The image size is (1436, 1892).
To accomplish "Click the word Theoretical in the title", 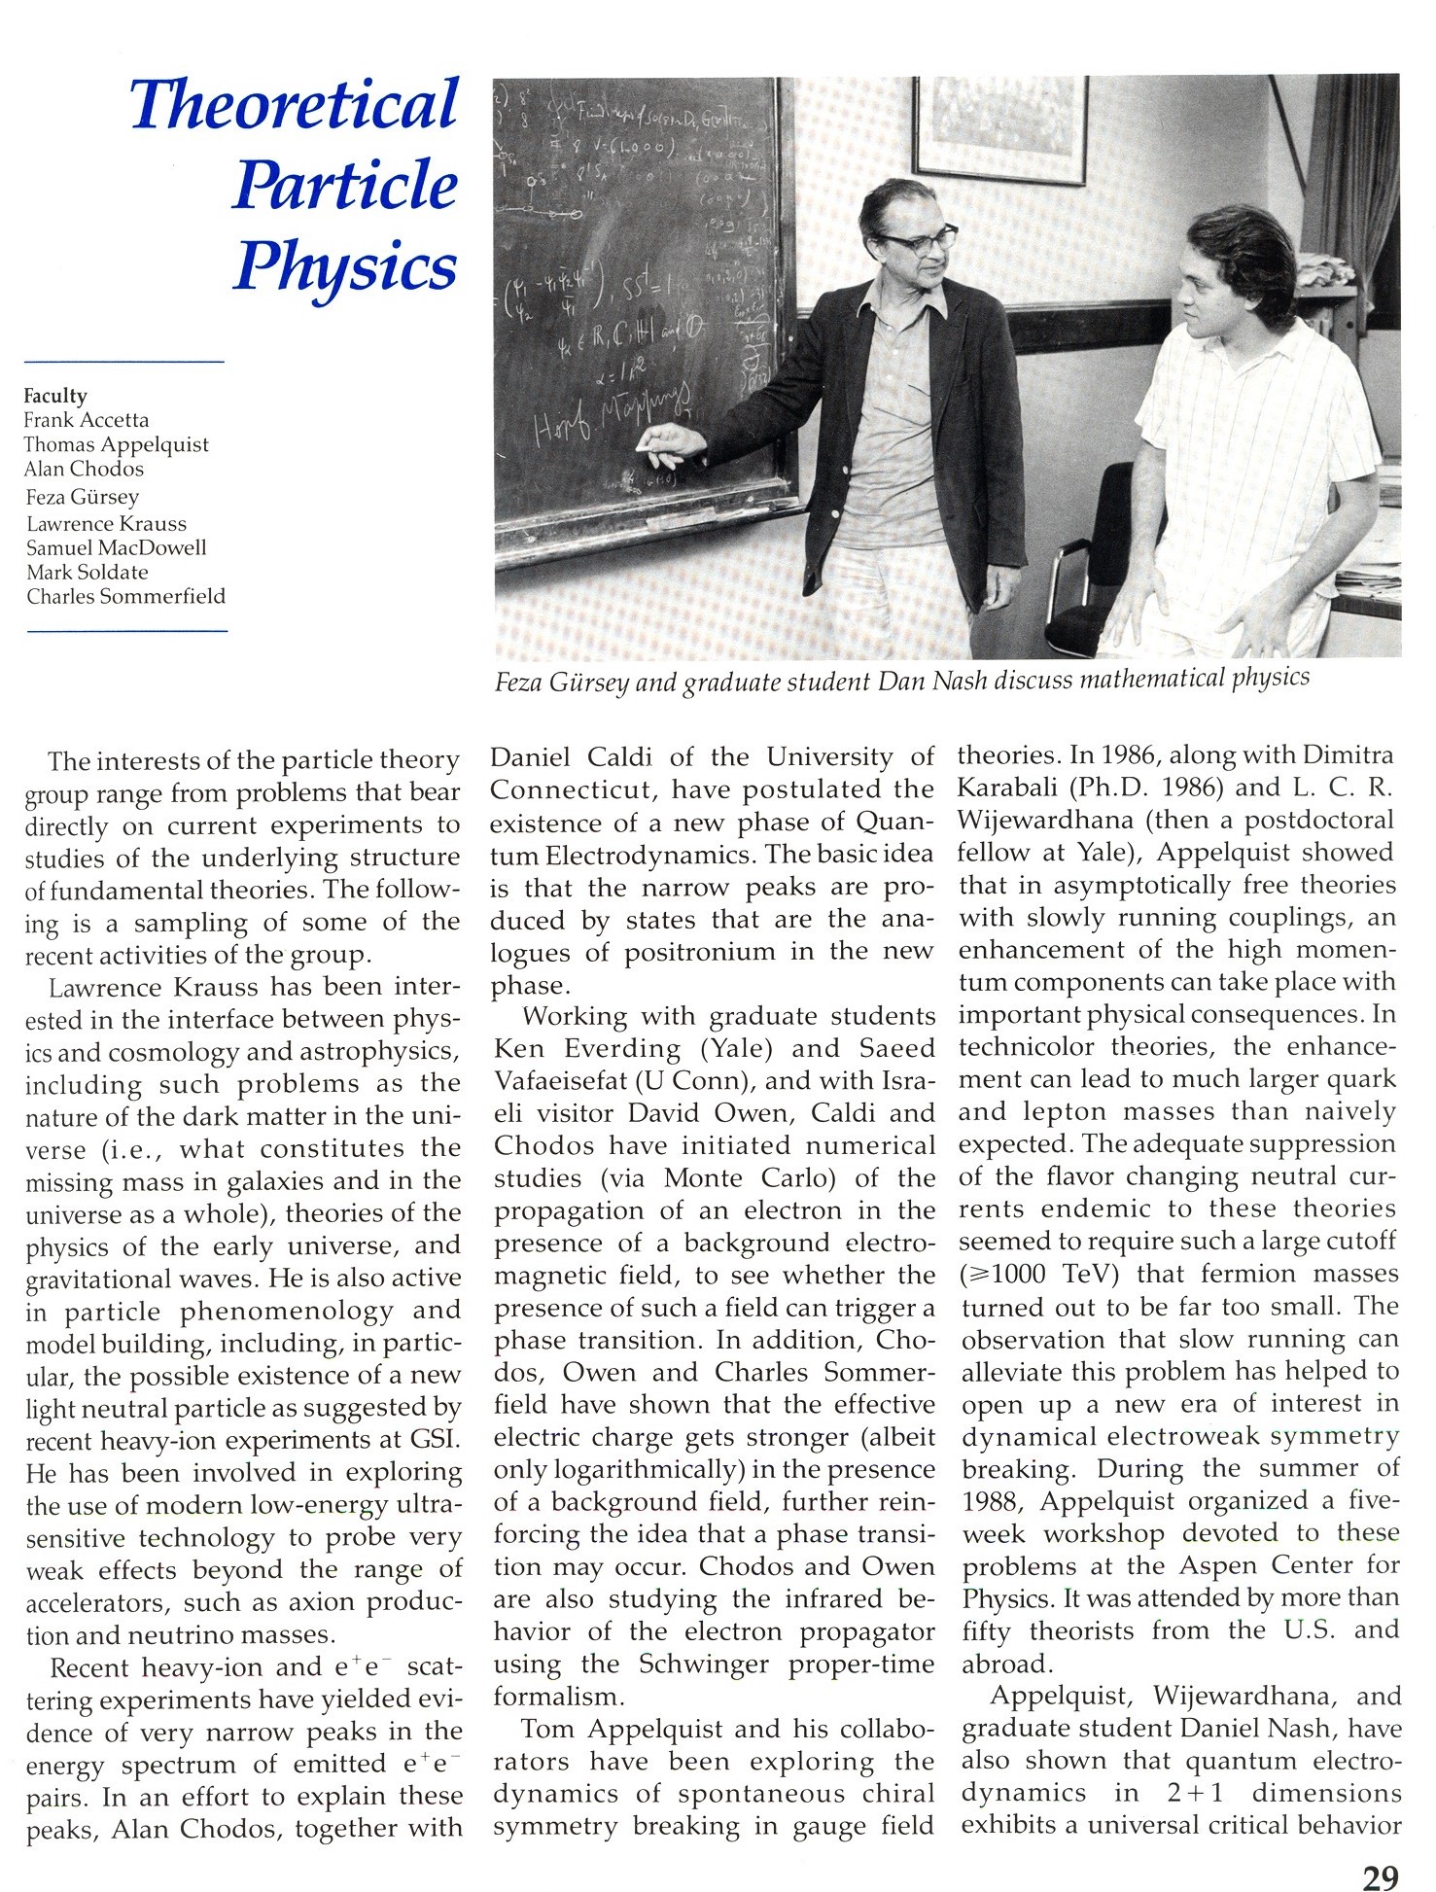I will pos(294,104).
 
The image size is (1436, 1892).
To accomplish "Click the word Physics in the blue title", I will pos(345,265).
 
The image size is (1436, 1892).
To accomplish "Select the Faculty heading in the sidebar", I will pos(55,396).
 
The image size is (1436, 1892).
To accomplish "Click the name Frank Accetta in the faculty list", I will pos(87,420).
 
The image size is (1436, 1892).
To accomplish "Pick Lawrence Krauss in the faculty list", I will pos(106,523).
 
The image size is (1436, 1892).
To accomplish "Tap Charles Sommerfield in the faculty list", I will pos(125,596).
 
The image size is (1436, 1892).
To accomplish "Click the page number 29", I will pos(1380,1851).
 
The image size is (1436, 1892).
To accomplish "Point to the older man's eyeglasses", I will pos(918,240).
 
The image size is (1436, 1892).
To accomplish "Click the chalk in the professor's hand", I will pos(643,445).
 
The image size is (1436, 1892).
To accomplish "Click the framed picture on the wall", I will pos(999,128).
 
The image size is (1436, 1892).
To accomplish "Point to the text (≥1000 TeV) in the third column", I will pos(1039,1274).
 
